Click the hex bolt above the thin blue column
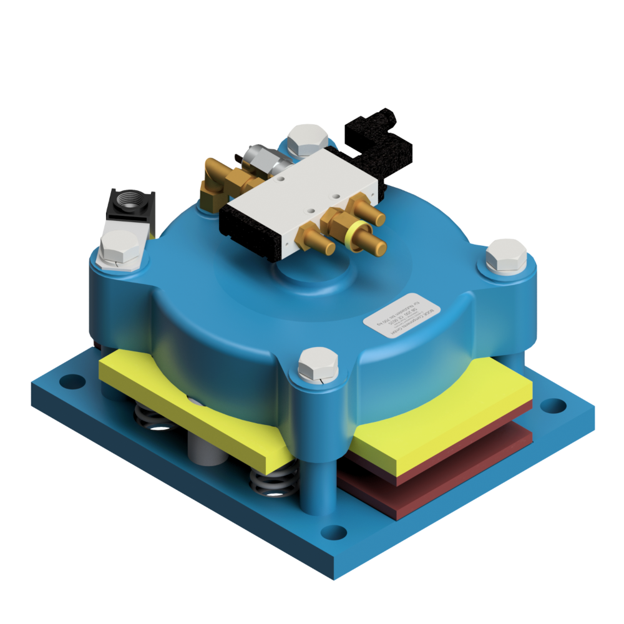318,365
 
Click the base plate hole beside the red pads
549,405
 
